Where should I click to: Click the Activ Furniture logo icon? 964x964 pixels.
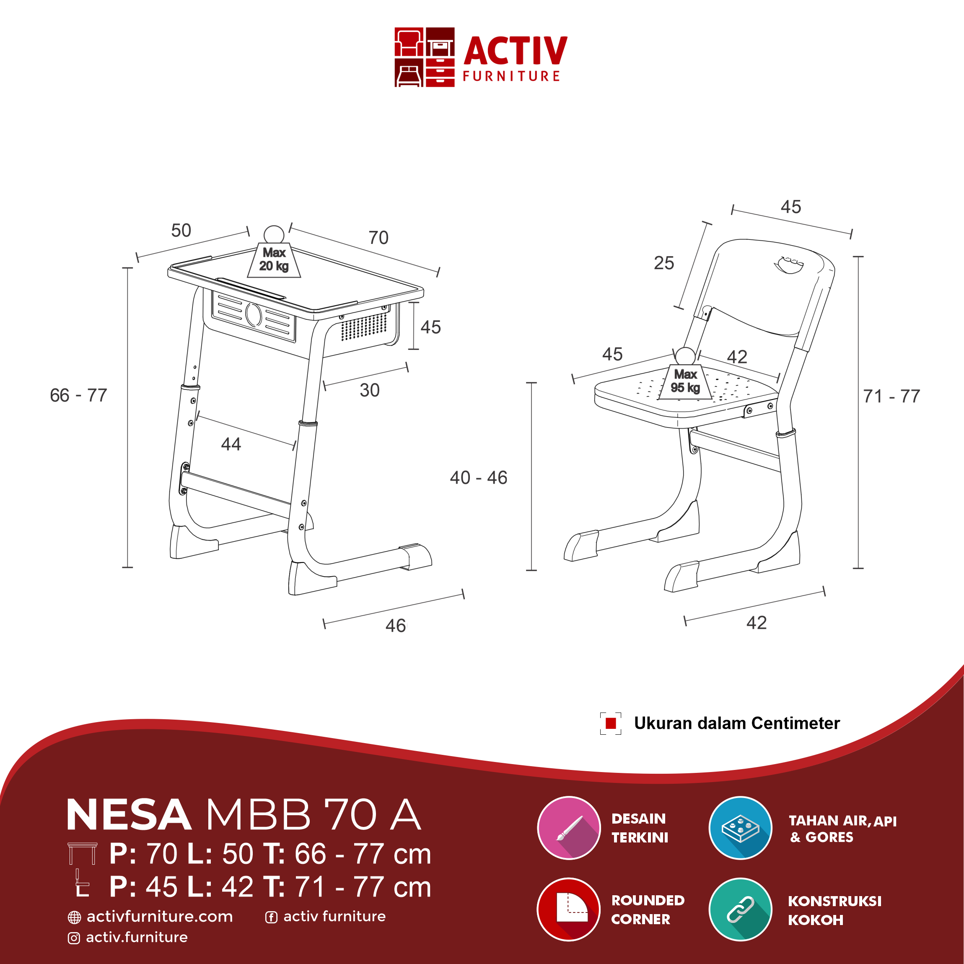coord(424,57)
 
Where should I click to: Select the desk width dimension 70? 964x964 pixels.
coord(378,238)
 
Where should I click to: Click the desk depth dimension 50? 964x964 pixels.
coord(181,231)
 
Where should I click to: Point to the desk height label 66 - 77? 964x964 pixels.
coord(79,395)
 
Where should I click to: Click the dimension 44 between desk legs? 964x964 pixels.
coord(231,444)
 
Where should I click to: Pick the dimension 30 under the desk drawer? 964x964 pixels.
coord(370,390)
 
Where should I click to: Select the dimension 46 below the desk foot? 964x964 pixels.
coord(396,626)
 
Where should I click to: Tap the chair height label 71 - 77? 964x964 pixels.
coord(891,396)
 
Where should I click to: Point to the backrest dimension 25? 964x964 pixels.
coord(663,263)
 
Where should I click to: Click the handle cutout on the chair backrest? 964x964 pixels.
coord(789,265)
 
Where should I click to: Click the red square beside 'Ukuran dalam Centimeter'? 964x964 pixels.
coord(611,723)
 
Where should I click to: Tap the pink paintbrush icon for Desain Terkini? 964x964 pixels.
coord(569,828)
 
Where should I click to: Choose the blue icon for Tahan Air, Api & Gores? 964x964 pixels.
coord(741,828)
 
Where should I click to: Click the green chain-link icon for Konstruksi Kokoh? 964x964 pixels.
coord(741,909)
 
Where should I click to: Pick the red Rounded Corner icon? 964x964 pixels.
coord(569,909)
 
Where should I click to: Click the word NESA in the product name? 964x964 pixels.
coord(129,815)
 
